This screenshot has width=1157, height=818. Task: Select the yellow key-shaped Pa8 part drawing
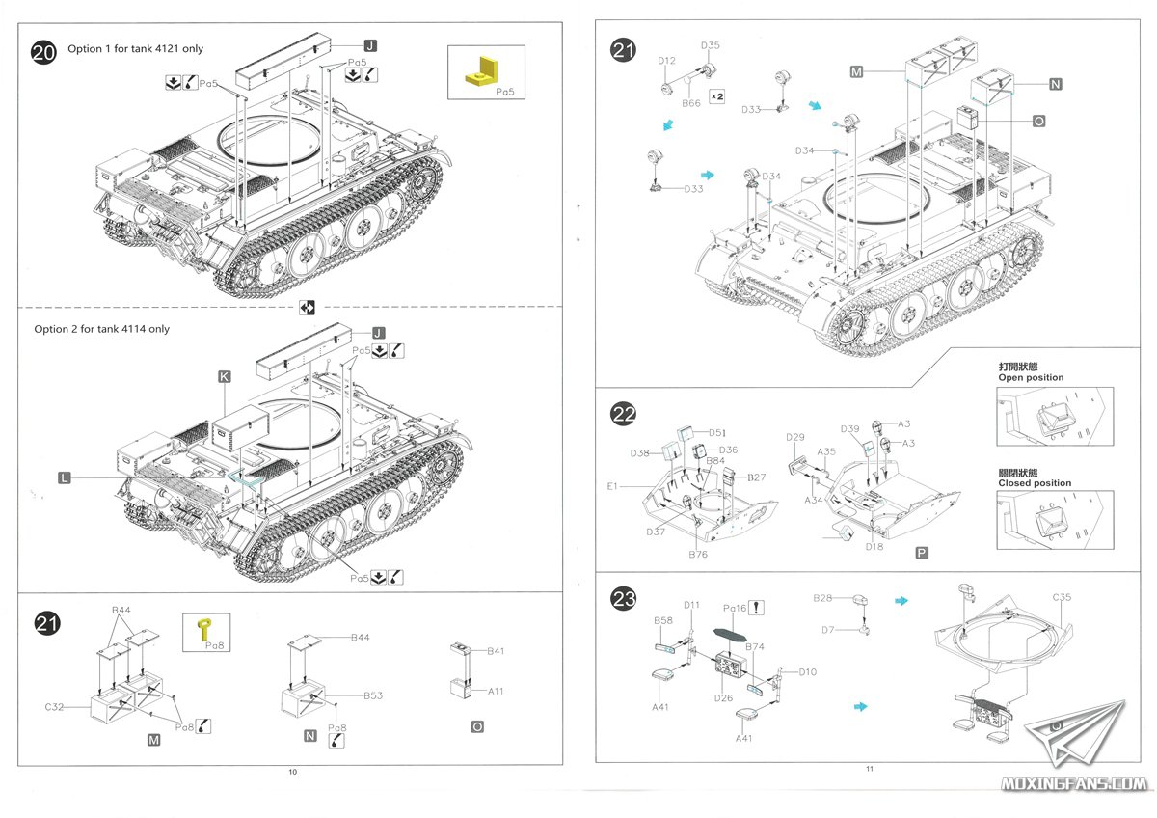(204, 630)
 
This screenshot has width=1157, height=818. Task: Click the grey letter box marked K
(225, 378)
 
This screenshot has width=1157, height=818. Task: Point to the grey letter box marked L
(65, 477)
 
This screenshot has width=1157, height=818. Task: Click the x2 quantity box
(716, 96)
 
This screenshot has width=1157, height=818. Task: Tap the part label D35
(711, 45)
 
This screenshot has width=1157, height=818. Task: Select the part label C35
(1061, 597)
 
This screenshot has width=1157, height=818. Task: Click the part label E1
(612, 486)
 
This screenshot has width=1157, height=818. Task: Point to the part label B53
(373, 695)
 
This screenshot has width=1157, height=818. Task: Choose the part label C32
(54, 707)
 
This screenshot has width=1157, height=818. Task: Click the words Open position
(1031, 377)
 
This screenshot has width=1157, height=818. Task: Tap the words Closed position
(1034, 482)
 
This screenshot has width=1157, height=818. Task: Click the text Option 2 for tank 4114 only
(101, 329)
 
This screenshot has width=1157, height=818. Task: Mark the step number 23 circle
(624, 599)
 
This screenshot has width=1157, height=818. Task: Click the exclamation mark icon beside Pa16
(758, 608)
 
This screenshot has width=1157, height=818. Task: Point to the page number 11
(869, 769)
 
